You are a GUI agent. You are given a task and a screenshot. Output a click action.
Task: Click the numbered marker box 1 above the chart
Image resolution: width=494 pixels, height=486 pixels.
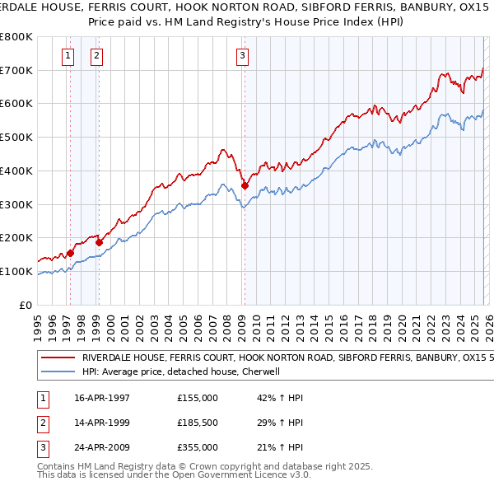pos(68,56)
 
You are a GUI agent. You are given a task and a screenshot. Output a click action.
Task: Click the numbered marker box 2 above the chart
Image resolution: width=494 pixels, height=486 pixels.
pos(96,56)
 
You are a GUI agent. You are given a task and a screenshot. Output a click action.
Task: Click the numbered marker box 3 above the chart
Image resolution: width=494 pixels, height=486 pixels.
pos(243,56)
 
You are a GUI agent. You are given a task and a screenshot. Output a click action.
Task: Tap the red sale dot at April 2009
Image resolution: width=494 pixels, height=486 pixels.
pos(245,186)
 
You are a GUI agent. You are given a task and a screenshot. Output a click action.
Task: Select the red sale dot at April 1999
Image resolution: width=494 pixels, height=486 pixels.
pos(99,242)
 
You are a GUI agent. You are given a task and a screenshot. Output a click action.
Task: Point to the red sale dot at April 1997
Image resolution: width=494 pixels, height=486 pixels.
pos(70,253)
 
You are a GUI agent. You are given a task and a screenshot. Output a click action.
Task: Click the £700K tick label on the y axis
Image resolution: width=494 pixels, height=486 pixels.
pos(16,71)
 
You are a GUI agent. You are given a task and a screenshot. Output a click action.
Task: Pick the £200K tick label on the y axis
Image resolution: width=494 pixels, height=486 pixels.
pos(16,238)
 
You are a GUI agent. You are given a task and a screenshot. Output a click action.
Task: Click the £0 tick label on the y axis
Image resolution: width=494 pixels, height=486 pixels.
pos(25,305)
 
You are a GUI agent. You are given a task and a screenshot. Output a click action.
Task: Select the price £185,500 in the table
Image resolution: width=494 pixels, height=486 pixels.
pos(198,423)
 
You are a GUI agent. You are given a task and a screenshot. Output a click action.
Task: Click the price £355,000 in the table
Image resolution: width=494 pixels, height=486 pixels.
pos(198,448)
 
